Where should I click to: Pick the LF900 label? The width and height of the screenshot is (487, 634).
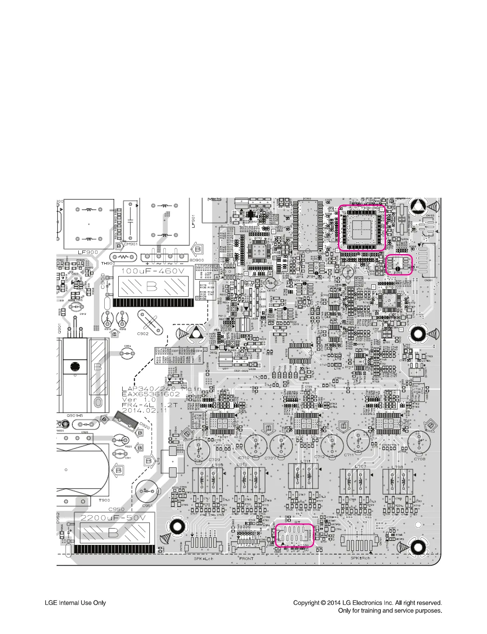click(x=87, y=252)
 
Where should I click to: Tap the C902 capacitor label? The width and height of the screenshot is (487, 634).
click(x=143, y=333)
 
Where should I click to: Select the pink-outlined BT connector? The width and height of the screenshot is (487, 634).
click(x=294, y=535)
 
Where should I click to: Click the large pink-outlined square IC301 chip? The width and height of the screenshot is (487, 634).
click(x=362, y=228)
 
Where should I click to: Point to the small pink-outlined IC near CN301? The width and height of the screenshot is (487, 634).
click(x=398, y=264)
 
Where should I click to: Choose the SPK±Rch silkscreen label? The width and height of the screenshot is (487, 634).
click(x=360, y=558)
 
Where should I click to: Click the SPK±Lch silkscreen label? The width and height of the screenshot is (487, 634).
click(x=204, y=558)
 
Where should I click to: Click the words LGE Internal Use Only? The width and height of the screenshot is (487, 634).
click(x=75, y=602)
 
